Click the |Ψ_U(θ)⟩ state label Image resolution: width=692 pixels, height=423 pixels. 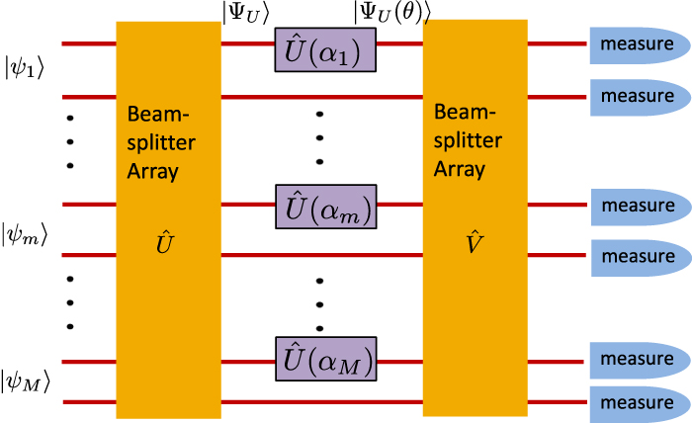pyautogui.click(x=391, y=11)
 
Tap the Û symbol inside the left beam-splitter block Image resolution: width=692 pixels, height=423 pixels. pyautogui.click(x=168, y=240)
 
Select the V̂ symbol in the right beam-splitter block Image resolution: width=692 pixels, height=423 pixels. pyautogui.click(x=474, y=238)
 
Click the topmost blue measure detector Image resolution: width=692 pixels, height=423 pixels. pyautogui.click(x=639, y=44)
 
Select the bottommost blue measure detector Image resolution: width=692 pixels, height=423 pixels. pyautogui.click(x=639, y=403)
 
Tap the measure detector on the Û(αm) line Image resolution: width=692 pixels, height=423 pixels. pyautogui.click(x=639, y=207)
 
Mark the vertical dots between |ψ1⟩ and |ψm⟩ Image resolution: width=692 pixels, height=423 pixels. pyautogui.click(x=70, y=141)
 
